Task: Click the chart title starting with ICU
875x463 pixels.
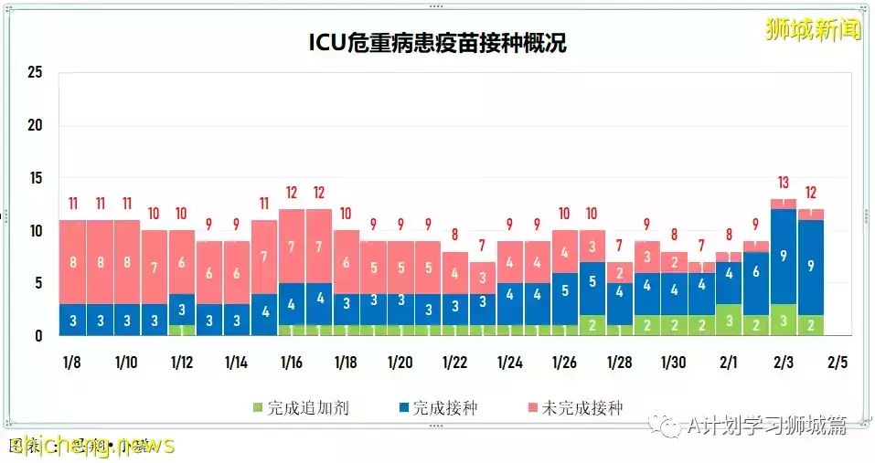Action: pos(436,43)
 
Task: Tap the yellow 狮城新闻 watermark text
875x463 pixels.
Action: pos(813,29)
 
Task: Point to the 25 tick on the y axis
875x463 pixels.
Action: pos(35,72)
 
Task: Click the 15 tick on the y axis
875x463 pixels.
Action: pos(35,178)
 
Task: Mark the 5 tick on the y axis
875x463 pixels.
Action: pos(38,283)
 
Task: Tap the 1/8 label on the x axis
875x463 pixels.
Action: pos(71,363)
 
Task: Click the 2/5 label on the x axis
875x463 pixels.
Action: pos(837,363)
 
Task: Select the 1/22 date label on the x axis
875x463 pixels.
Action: pos(454,363)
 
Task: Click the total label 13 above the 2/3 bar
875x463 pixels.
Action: pos(783,183)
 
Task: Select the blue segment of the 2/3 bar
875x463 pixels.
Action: pos(783,257)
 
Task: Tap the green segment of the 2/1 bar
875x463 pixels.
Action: pos(729,321)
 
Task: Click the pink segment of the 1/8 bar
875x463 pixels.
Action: pos(72,262)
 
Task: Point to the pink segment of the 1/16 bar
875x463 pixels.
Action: pos(292,247)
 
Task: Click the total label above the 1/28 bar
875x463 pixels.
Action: pos(619,246)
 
